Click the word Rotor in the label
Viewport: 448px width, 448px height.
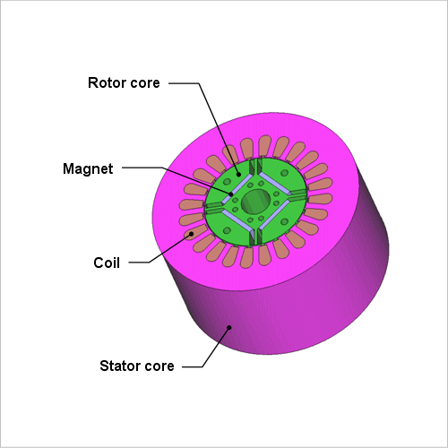pyautogui.click(x=107, y=82)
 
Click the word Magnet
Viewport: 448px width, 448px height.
pyautogui.click(x=88, y=168)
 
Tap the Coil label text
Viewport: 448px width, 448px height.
pyautogui.click(x=107, y=263)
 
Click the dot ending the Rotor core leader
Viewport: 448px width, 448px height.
pyautogui.click(x=238, y=174)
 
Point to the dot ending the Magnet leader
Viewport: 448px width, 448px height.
pyautogui.click(x=231, y=194)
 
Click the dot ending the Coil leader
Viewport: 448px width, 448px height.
pyautogui.click(x=191, y=234)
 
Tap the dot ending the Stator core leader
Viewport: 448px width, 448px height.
pyautogui.click(x=229, y=327)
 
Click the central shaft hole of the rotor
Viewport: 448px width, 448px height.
pyautogui.click(x=255, y=202)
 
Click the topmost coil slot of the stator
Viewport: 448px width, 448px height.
pyautogui.click(x=264, y=146)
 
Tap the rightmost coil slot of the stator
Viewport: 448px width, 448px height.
pyautogui.click(x=320, y=199)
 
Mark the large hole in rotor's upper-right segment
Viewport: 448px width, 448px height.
pyautogui.click(x=284, y=173)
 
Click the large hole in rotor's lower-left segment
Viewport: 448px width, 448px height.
pyautogui.click(x=227, y=230)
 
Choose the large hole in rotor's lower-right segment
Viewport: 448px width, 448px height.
pyautogui.click(x=284, y=221)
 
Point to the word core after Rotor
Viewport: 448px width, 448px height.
pyautogui.click(x=145, y=83)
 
